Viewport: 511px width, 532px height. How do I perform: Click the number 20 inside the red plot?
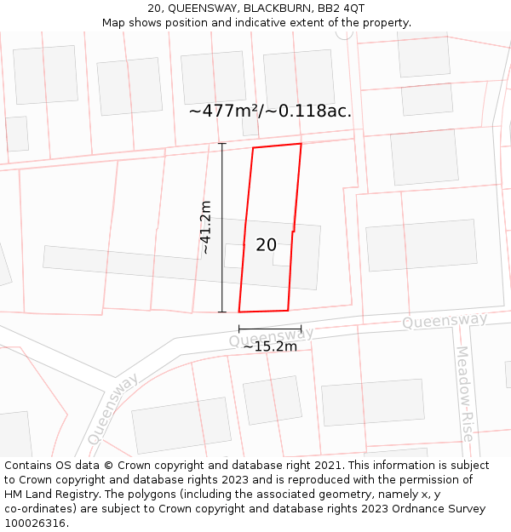[x=266, y=245]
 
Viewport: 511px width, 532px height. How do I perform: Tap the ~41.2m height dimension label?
[x=205, y=228]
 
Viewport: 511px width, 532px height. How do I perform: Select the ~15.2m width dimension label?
[x=270, y=346]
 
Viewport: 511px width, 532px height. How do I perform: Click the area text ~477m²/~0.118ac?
[x=270, y=111]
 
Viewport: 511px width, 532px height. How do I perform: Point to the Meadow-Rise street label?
[x=463, y=392]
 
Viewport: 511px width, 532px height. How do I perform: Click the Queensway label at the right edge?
[x=445, y=321]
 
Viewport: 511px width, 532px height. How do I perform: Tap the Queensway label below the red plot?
[x=271, y=337]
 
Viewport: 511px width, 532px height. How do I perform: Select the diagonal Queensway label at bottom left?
[x=112, y=409]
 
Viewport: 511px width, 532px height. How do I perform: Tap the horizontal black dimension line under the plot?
[x=269, y=329]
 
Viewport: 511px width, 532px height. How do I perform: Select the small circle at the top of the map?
[x=344, y=32]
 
